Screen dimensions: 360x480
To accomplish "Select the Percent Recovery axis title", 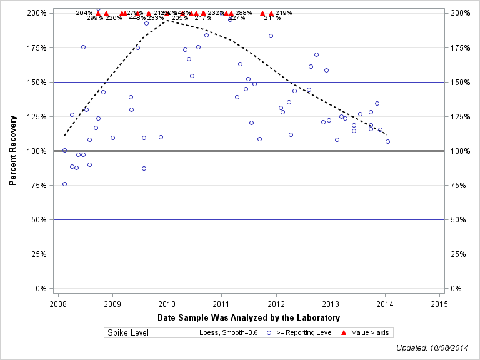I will coord(13,150).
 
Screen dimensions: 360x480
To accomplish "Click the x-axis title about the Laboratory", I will coord(249,318).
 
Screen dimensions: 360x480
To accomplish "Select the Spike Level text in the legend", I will coord(127,332).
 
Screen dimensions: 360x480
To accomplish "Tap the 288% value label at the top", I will coord(244,12).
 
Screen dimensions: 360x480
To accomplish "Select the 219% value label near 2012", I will coord(283,12).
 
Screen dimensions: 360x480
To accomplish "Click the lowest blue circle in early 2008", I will coord(64,184).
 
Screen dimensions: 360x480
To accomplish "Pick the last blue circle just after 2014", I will coord(387,141).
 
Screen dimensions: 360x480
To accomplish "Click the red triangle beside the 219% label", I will coord(271,13).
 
